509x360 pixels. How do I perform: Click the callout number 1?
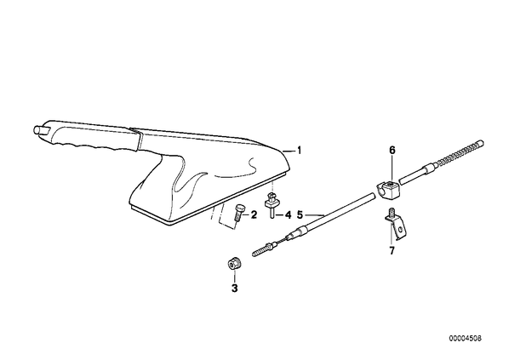(300, 151)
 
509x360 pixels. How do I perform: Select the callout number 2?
(253, 214)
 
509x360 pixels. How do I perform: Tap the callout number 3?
(234, 288)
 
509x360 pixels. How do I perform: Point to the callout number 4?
(289, 214)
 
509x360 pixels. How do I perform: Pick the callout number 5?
(300, 214)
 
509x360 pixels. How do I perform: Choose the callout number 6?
(392, 151)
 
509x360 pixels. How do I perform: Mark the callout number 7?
(392, 250)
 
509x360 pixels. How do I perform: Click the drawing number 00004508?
(466, 338)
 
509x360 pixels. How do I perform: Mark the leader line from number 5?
(315, 215)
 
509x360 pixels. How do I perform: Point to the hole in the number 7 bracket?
(400, 229)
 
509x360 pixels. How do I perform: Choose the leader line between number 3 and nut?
(234, 276)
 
